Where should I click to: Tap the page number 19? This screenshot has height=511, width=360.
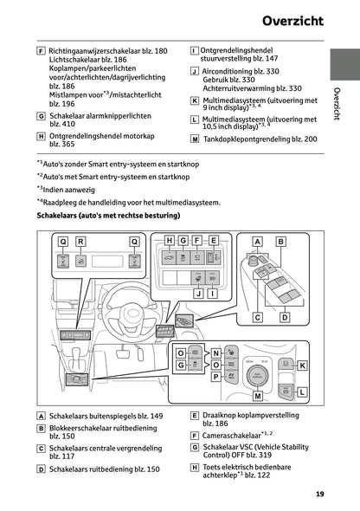(320, 495)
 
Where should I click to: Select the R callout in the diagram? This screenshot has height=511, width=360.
(80, 242)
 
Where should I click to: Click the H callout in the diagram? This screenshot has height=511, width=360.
(170, 240)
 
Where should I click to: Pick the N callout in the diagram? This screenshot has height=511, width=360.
(216, 353)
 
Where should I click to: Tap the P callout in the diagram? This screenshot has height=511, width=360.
(216, 378)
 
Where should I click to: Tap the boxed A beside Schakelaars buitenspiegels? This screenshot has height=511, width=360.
(42, 417)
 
